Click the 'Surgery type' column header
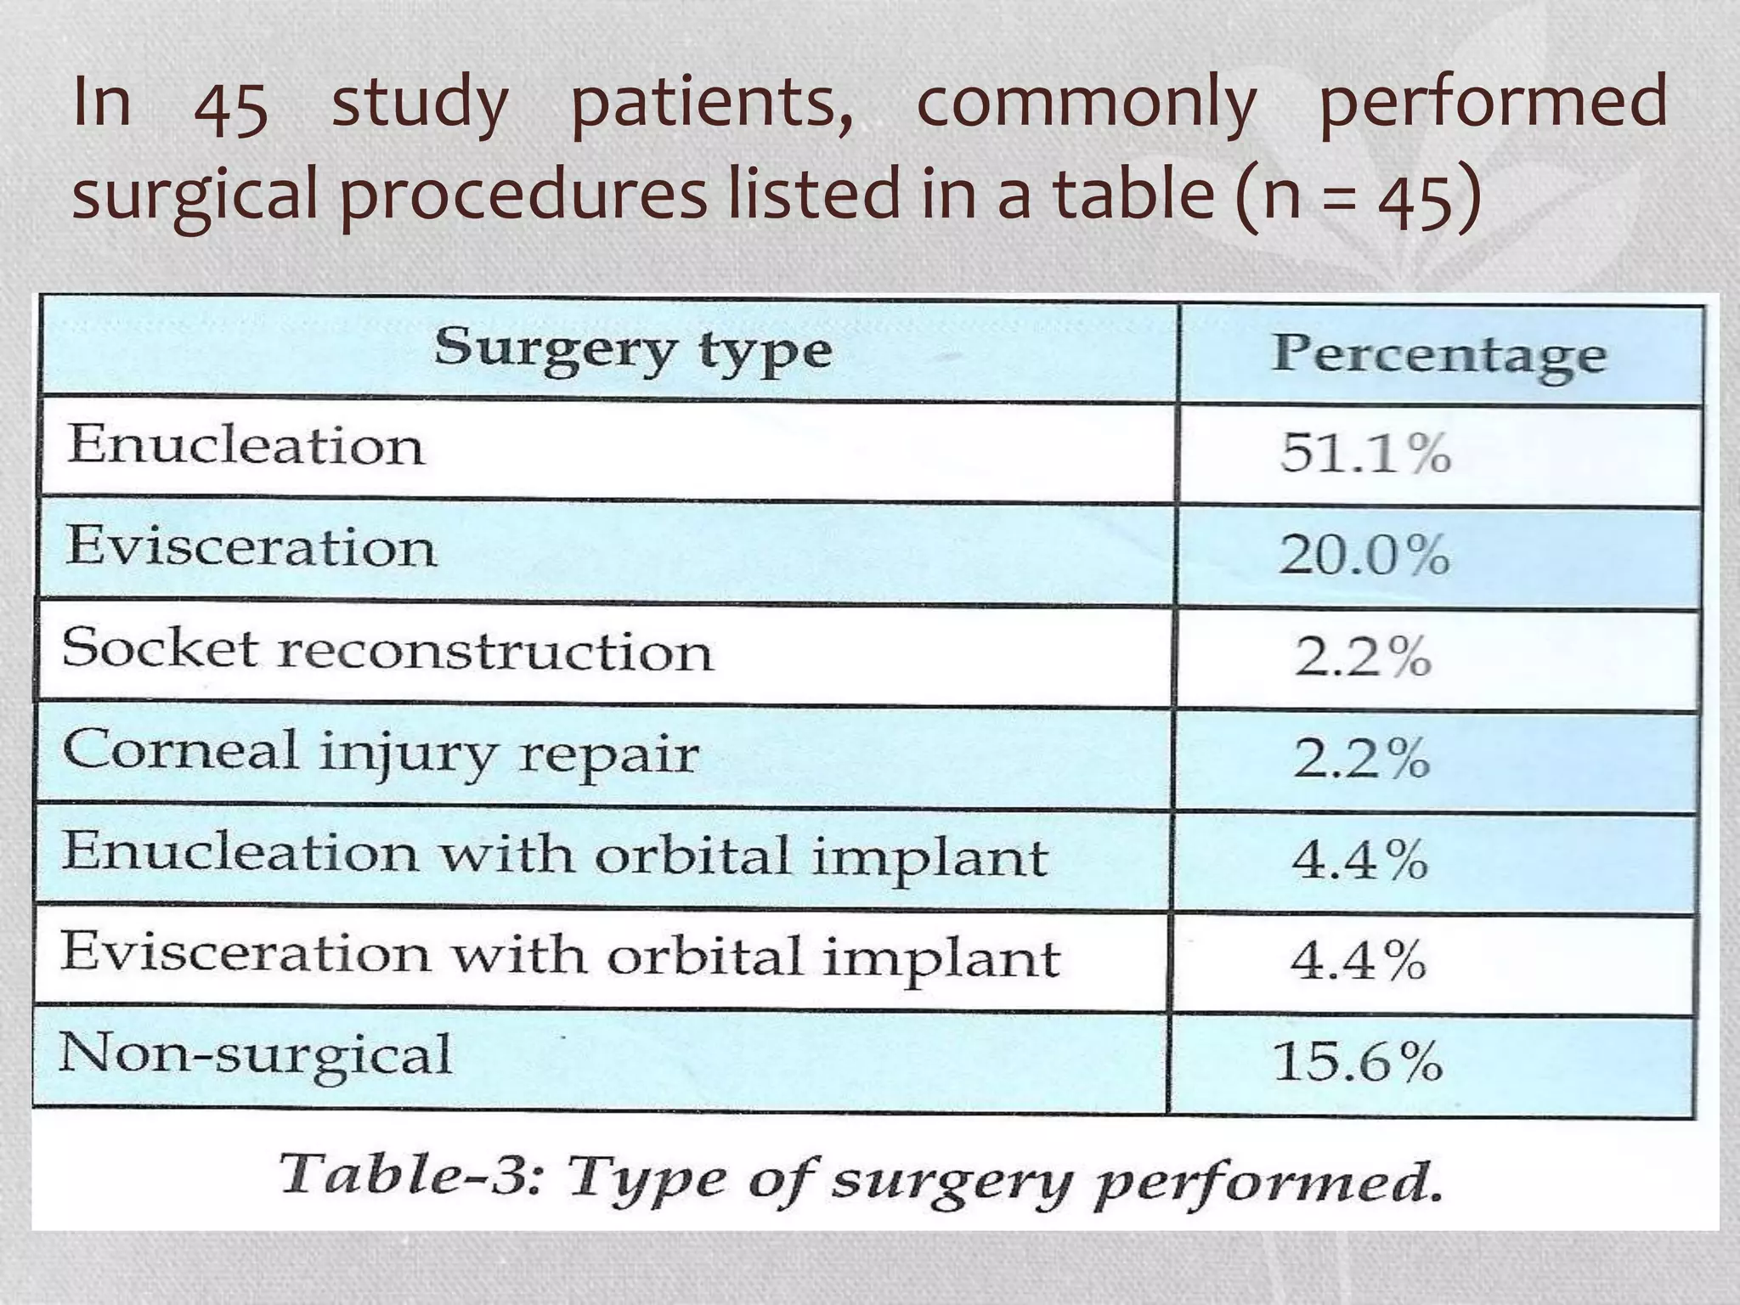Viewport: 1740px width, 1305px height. (x=633, y=350)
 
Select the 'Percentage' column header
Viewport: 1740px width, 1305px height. (x=1439, y=354)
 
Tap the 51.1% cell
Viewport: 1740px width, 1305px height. (x=1365, y=452)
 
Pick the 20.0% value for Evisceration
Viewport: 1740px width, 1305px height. (x=1364, y=556)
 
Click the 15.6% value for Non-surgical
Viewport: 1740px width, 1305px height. (x=1358, y=1061)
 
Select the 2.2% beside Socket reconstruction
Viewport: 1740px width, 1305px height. (x=1363, y=657)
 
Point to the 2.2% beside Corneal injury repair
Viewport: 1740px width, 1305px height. (x=1362, y=757)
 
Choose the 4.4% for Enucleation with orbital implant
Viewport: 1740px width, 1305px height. (x=1359, y=859)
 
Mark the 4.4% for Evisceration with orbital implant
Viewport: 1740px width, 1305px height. (x=1358, y=960)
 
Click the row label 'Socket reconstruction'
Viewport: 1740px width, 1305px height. (x=387, y=651)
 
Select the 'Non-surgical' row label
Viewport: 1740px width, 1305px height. (x=255, y=1055)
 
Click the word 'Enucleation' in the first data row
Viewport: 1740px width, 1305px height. (x=246, y=444)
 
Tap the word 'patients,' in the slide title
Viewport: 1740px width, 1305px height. (x=712, y=104)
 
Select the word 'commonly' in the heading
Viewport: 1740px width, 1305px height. (x=1086, y=104)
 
